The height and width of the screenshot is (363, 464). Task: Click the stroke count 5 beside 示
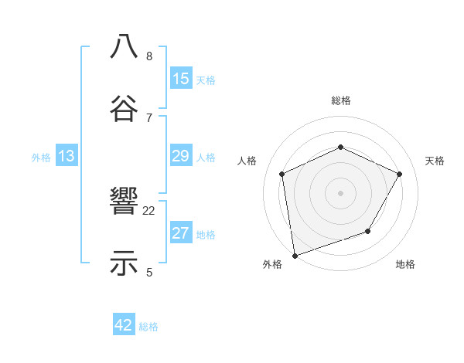pyautogui.click(x=149, y=272)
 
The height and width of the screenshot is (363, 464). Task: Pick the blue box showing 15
pyautogui.click(x=181, y=79)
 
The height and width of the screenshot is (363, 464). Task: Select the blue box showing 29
pyautogui.click(x=181, y=156)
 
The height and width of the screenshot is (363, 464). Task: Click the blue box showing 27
pyautogui.click(x=181, y=233)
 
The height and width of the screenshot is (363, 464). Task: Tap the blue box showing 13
pyautogui.click(x=67, y=156)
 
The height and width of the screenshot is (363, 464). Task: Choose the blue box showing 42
pyautogui.click(x=124, y=325)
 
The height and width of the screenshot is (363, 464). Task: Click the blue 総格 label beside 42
pyautogui.click(x=148, y=327)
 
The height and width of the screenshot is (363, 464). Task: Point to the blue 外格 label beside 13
pyautogui.click(x=41, y=158)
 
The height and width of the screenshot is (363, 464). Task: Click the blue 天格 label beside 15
pyautogui.click(x=206, y=80)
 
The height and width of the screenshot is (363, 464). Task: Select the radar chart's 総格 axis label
pyautogui.click(x=341, y=100)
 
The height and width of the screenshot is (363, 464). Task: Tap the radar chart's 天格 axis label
pyautogui.click(x=435, y=161)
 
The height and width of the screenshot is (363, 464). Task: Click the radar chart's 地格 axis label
pyautogui.click(x=405, y=265)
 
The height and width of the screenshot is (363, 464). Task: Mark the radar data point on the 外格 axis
pyautogui.click(x=295, y=255)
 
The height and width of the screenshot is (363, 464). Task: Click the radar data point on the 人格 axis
pyautogui.click(x=282, y=174)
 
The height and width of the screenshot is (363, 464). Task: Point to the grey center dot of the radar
pyautogui.click(x=341, y=192)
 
